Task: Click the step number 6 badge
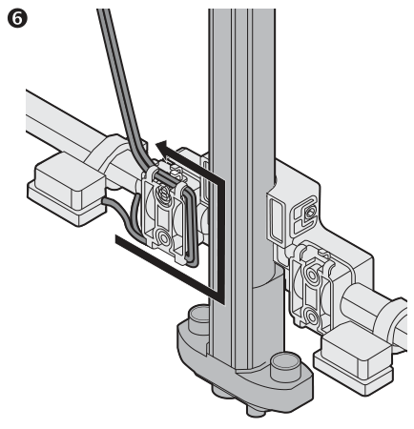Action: [x=17, y=18]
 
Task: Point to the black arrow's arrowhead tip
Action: [x=155, y=144]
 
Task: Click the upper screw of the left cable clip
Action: [x=164, y=192]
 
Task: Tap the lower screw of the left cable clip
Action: [x=164, y=237]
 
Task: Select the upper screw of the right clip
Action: [x=312, y=275]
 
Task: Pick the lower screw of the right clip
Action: [x=312, y=316]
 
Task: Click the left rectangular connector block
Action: [x=68, y=189]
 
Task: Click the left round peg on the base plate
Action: [x=199, y=319]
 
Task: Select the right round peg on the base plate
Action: [x=285, y=365]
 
